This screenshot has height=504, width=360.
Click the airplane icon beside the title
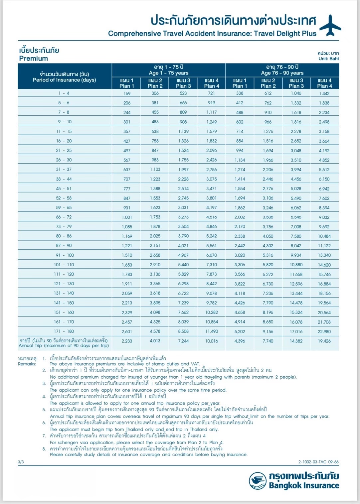click(x=330, y=25)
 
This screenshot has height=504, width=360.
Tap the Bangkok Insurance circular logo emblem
click(x=257, y=480)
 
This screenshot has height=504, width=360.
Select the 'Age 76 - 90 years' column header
click(x=282, y=73)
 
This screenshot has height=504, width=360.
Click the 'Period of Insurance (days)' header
click(x=64, y=80)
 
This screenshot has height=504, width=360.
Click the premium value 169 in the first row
click(x=127, y=93)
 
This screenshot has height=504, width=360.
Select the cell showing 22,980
click(x=324, y=331)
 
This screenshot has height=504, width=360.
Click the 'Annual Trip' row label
click(x=64, y=345)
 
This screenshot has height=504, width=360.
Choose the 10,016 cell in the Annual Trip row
click(x=212, y=341)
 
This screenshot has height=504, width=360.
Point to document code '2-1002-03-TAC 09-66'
click(x=318, y=462)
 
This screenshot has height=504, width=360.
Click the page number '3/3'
click(x=21, y=462)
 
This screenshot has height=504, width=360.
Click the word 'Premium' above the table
click(x=34, y=59)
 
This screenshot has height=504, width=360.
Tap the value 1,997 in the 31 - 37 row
click(x=183, y=170)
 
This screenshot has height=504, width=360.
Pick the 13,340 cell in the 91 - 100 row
click(x=324, y=255)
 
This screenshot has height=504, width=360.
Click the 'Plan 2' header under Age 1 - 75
click(x=155, y=86)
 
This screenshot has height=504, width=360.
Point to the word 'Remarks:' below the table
click(x=27, y=364)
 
